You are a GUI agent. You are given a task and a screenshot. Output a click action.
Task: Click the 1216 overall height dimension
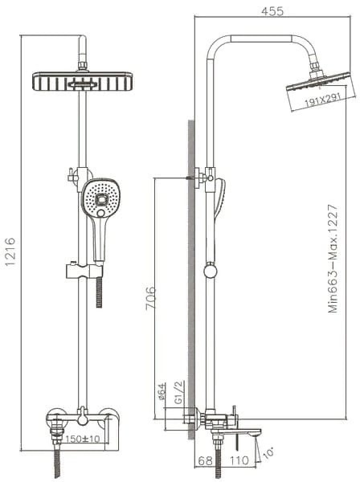pyautogui.click(x=10, y=251)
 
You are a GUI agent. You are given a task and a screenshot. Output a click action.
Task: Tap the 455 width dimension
pyautogui.click(x=272, y=11)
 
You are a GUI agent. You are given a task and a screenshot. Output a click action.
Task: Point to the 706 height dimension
pyautogui.click(x=150, y=297)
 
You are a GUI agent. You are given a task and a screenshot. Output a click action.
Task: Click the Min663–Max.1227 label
pyautogui.click(x=333, y=259)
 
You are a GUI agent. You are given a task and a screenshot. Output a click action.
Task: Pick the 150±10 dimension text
pyautogui.click(x=83, y=439)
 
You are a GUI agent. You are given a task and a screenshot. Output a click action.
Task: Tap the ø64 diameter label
pyautogui.click(x=162, y=391)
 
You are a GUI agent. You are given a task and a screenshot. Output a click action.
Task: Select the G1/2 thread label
pyautogui.click(x=179, y=392)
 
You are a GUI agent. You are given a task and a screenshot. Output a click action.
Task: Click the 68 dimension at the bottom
pyautogui.click(x=205, y=460)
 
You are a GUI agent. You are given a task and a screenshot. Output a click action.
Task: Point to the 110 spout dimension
pyautogui.click(x=239, y=460)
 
